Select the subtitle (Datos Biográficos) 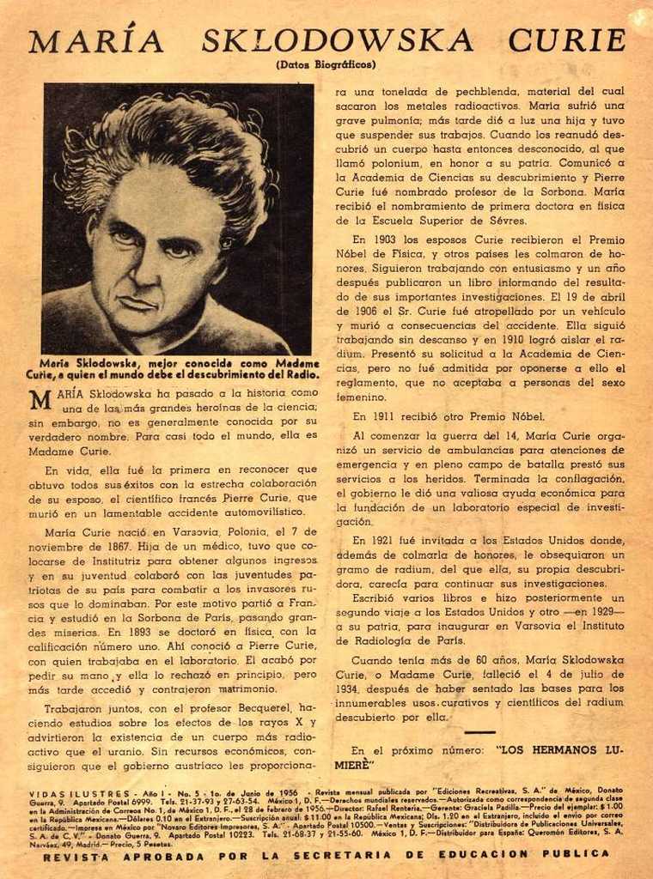pyautogui.click(x=326, y=64)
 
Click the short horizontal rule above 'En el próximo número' pyautogui.click(x=479, y=732)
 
